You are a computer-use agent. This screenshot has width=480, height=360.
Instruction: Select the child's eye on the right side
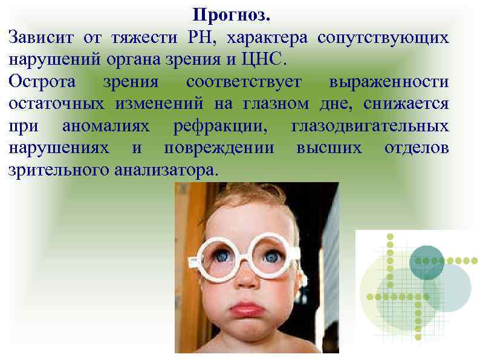click(x=272, y=256)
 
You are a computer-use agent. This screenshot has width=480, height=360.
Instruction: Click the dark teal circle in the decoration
click(x=427, y=261)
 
